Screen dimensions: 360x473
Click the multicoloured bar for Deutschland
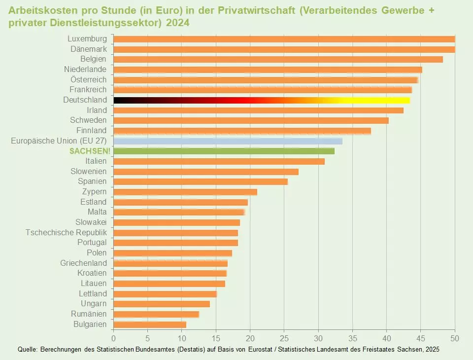[x=261, y=100]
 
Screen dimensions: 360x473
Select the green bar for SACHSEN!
[x=224, y=151]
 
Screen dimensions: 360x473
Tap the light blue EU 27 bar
[x=228, y=141]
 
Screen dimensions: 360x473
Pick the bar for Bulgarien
[x=150, y=324]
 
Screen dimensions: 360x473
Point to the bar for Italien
[x=219, y=161]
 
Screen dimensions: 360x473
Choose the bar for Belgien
[x=278, y=59]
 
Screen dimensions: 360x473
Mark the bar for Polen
[x=172, y=253]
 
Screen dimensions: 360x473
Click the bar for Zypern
[x=185, y=192]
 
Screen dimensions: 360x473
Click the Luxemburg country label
[x=87, y=38]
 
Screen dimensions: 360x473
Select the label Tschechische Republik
[x=66, y=232]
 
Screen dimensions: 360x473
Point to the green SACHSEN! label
[x=90, y=151]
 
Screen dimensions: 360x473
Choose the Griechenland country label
[x=83, y=263]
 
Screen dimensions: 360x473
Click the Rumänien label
[x=89, y=314]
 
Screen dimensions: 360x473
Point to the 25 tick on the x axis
[x=284, y=339]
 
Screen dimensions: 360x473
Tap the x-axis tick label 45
[x=420, y=339]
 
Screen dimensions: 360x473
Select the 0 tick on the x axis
[x=113, y=339]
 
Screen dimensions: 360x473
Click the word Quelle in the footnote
[x=27, y=349]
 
